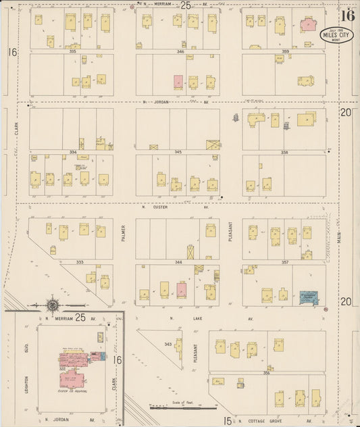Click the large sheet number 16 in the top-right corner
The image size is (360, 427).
pyautogui.click(x=348, y=15)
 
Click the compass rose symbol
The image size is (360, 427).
pyautogui.click(x=53, y=305)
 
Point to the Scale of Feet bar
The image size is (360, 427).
pyautogui.click(x=174, y=407)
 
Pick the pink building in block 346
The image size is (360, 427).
pyautogui.click(x=178, y=81)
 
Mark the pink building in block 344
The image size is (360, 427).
pyautogui.click(x=181, y=290)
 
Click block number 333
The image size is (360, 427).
pyautogui.click(x=79, y=261)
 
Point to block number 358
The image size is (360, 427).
pyautogui.click(x=284, y=153)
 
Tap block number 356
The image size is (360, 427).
pyautogui.click(x=266, y=372)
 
